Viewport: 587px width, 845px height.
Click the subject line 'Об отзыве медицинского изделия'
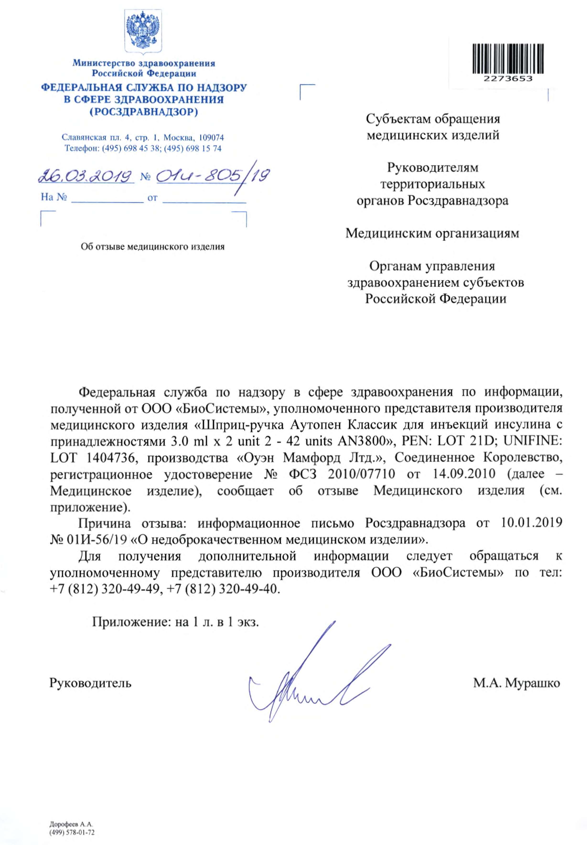coord(153,247)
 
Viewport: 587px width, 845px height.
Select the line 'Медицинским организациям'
coord(432,234)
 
